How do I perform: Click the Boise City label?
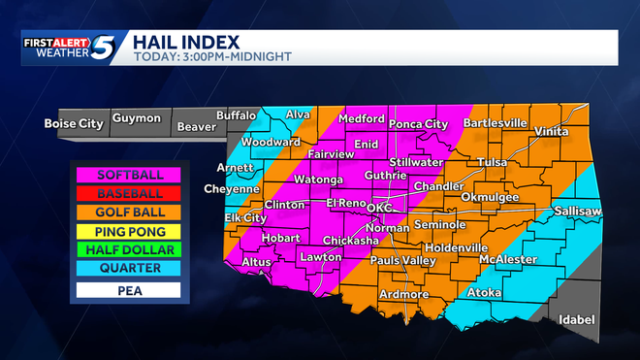(72, 122)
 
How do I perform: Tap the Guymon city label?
(136, 118)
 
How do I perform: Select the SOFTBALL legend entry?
(130, 176)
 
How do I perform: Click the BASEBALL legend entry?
(130, 194)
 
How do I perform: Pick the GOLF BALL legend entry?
(130, 213)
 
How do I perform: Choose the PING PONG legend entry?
(130, 232)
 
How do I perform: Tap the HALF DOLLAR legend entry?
(130, 250)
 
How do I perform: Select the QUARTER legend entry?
(130, 269)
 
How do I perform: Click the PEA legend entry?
(130, 289)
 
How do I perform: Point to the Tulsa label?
(493, 162)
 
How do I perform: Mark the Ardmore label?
(404, 294)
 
